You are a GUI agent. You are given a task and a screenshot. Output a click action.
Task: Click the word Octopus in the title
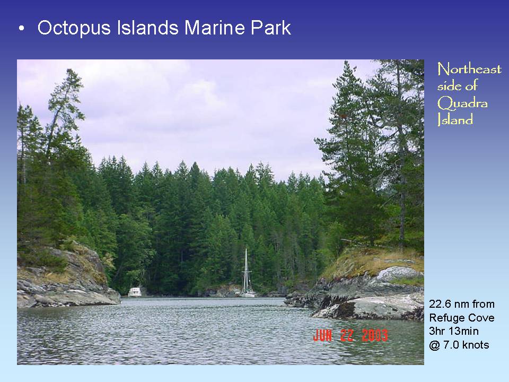74,28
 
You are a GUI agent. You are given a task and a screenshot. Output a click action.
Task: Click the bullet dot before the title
21,29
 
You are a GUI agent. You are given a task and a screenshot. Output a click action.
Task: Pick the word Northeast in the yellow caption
469,70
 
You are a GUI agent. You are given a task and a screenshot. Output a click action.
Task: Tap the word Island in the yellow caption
455,120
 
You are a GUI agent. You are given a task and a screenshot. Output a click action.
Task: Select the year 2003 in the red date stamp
374,335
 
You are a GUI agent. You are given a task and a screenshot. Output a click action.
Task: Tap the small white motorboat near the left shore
135,292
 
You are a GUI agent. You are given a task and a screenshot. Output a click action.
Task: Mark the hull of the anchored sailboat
247,293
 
